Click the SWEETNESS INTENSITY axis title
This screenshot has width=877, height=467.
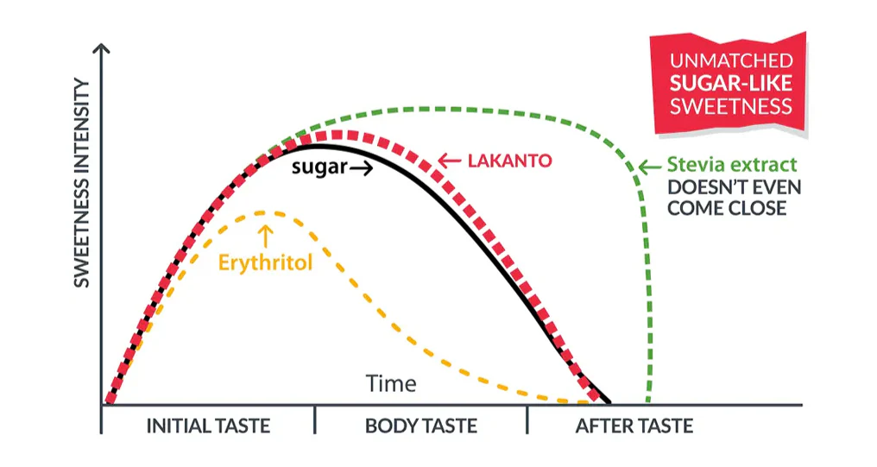point(81,182)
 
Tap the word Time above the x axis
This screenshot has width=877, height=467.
point(391,383)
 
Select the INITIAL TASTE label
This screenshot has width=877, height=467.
point(208,426)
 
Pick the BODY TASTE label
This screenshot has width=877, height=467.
point(420,426)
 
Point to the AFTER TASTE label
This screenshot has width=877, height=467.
point(634,426)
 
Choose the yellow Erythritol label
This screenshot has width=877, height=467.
point(264,262)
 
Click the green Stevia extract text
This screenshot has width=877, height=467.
point(733,164)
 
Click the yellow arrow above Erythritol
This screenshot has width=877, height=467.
point(265,235)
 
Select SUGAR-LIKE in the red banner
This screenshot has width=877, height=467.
point(731,84)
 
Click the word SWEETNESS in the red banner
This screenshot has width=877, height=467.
point(731,107)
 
